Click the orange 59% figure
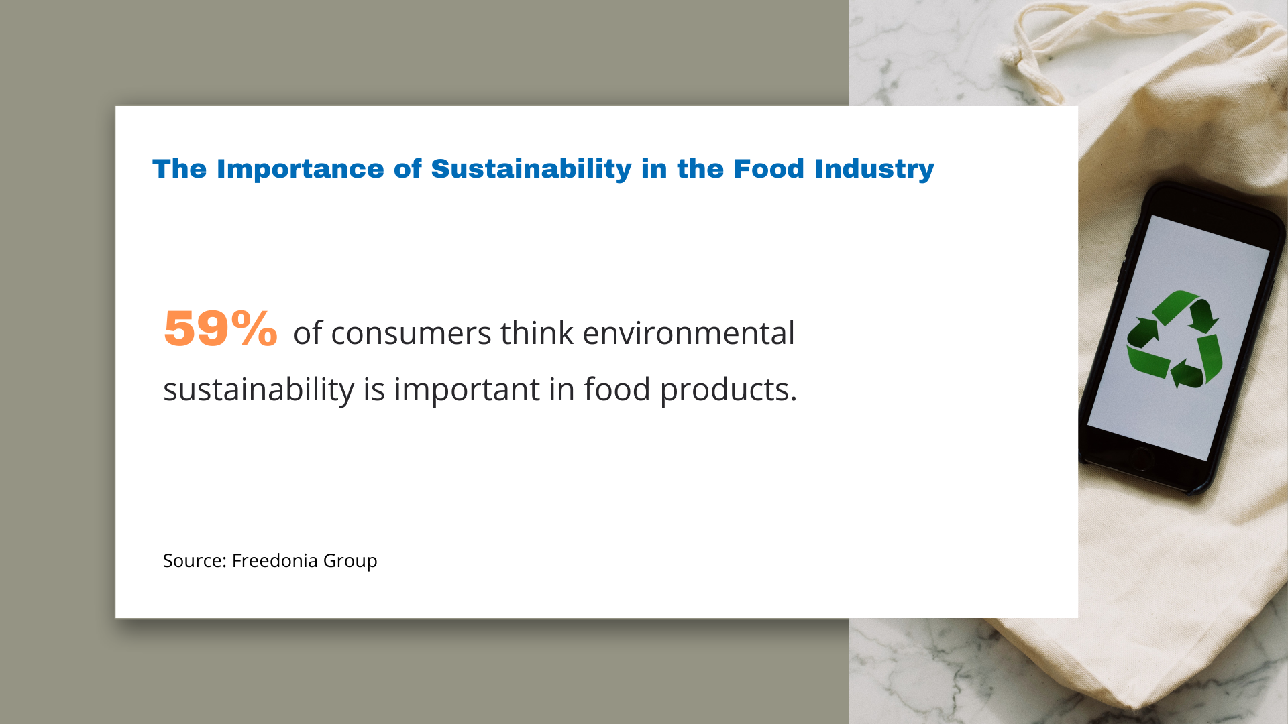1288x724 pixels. click(x=220, y=328)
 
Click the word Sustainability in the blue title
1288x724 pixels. click(x=531, y=169)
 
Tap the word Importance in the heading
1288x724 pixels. click(x=300, y=169)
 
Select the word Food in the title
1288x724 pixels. click(x=769, y=169)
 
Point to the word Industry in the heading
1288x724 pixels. click(x=874, y=169)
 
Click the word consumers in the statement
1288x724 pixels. click(x=411, y=333)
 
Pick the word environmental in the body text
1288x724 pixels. click(x=688, y=333)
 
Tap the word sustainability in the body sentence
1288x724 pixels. click(x=258, y=389)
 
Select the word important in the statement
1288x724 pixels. click(x=466, y=389)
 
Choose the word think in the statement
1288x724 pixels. click(x=537, y=333)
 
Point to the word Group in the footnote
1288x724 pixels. click(x=350, y=561)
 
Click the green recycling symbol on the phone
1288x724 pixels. click(x=1175, y=339)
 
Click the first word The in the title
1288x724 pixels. click(x=180, y=169)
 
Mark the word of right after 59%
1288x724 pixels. click(x=307, y=333)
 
